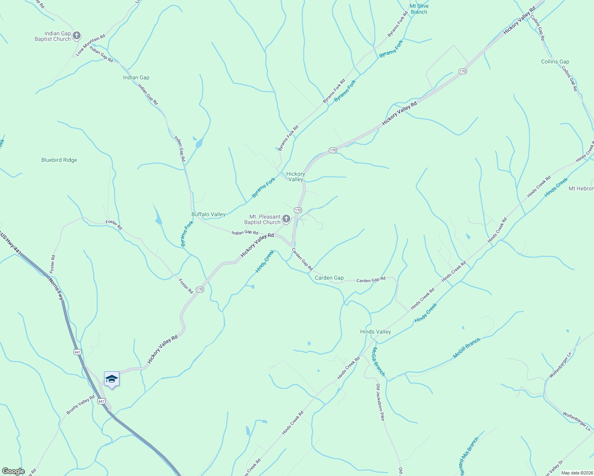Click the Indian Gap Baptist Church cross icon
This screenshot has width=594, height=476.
pyautogui.click(x=77, y=36)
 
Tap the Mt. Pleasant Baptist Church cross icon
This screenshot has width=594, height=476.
pyautogui.click(x=286, y=219)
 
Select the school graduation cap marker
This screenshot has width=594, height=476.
pyautogui.click(x=112, y=379)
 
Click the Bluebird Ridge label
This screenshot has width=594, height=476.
pyautogui.click(x=59, y=160)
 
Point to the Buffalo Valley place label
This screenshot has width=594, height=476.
pyautogui.click(x=208, y=215)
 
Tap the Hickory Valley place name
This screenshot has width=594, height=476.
pyautogui.click(x=296, y=177)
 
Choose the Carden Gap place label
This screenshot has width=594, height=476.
pyautogui.click(x=329, y=278)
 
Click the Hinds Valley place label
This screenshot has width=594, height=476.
pyautogui.click(x=375, y=332)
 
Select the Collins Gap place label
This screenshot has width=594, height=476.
pyautogui.click(x=555, y=62)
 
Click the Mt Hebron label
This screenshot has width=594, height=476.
pyautogui.click(x=581, y=189)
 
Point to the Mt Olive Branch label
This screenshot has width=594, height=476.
pyautogui.click(x=419, y=9)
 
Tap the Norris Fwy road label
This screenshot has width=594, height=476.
pyautogui.click(x=56, y=288)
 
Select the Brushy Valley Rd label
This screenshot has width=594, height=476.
pyautogui.click(x=81, y=405)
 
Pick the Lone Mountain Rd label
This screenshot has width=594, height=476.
pyautogui.click(x=91, y=45)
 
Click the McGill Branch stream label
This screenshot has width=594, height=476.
pyautogui.click(x=467, y=348)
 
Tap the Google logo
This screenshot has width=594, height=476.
pyautogui.click(x=13, y=471)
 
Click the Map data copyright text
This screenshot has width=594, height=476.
pyautogui.click(x=577, y=473)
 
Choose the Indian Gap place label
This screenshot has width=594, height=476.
pyautogui.click(x=136, y=78)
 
